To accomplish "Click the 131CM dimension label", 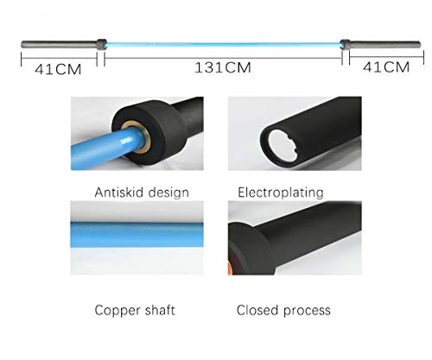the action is (223, 67).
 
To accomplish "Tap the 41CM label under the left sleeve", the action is (58, 69).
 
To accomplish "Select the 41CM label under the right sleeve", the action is (386, 67).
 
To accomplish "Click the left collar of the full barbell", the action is (101, 45).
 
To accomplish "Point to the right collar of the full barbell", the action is (346, 45).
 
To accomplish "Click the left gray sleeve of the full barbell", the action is (59, 45).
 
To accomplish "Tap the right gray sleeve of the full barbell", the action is (385, 45).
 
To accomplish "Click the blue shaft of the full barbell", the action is (224, 45).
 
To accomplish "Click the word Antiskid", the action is (118, 193).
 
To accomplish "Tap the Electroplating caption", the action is (281, 193).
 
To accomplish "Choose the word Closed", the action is (257, 310).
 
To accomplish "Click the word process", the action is (307, 311).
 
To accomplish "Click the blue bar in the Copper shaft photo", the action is (137, 235).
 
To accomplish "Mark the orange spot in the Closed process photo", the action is (230, 268).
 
